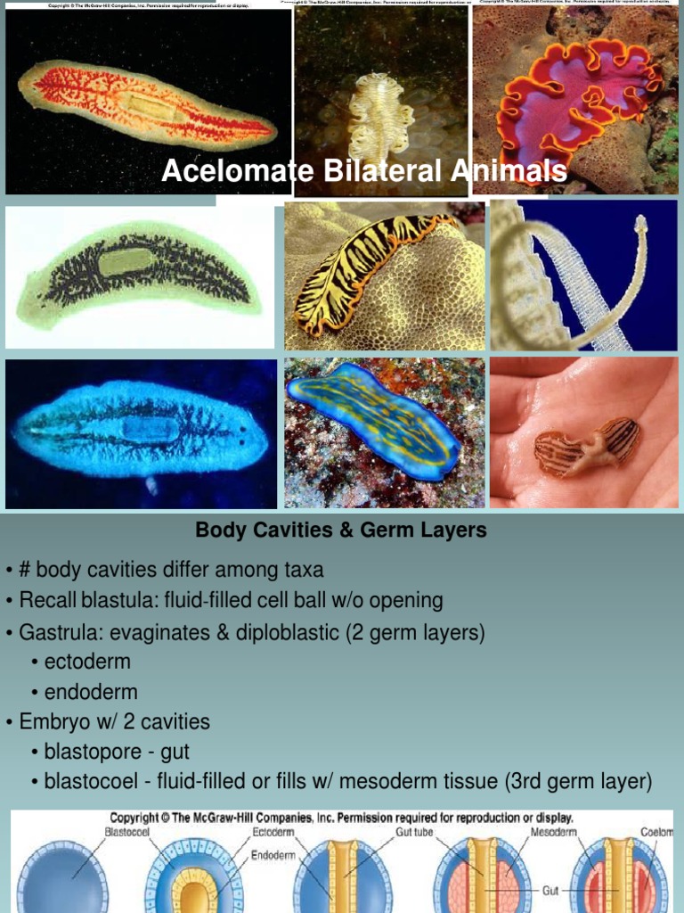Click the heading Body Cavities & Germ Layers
[x=341, y=531]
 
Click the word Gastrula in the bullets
[x=60, y=632]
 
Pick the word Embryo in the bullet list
[x=53, y=722]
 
